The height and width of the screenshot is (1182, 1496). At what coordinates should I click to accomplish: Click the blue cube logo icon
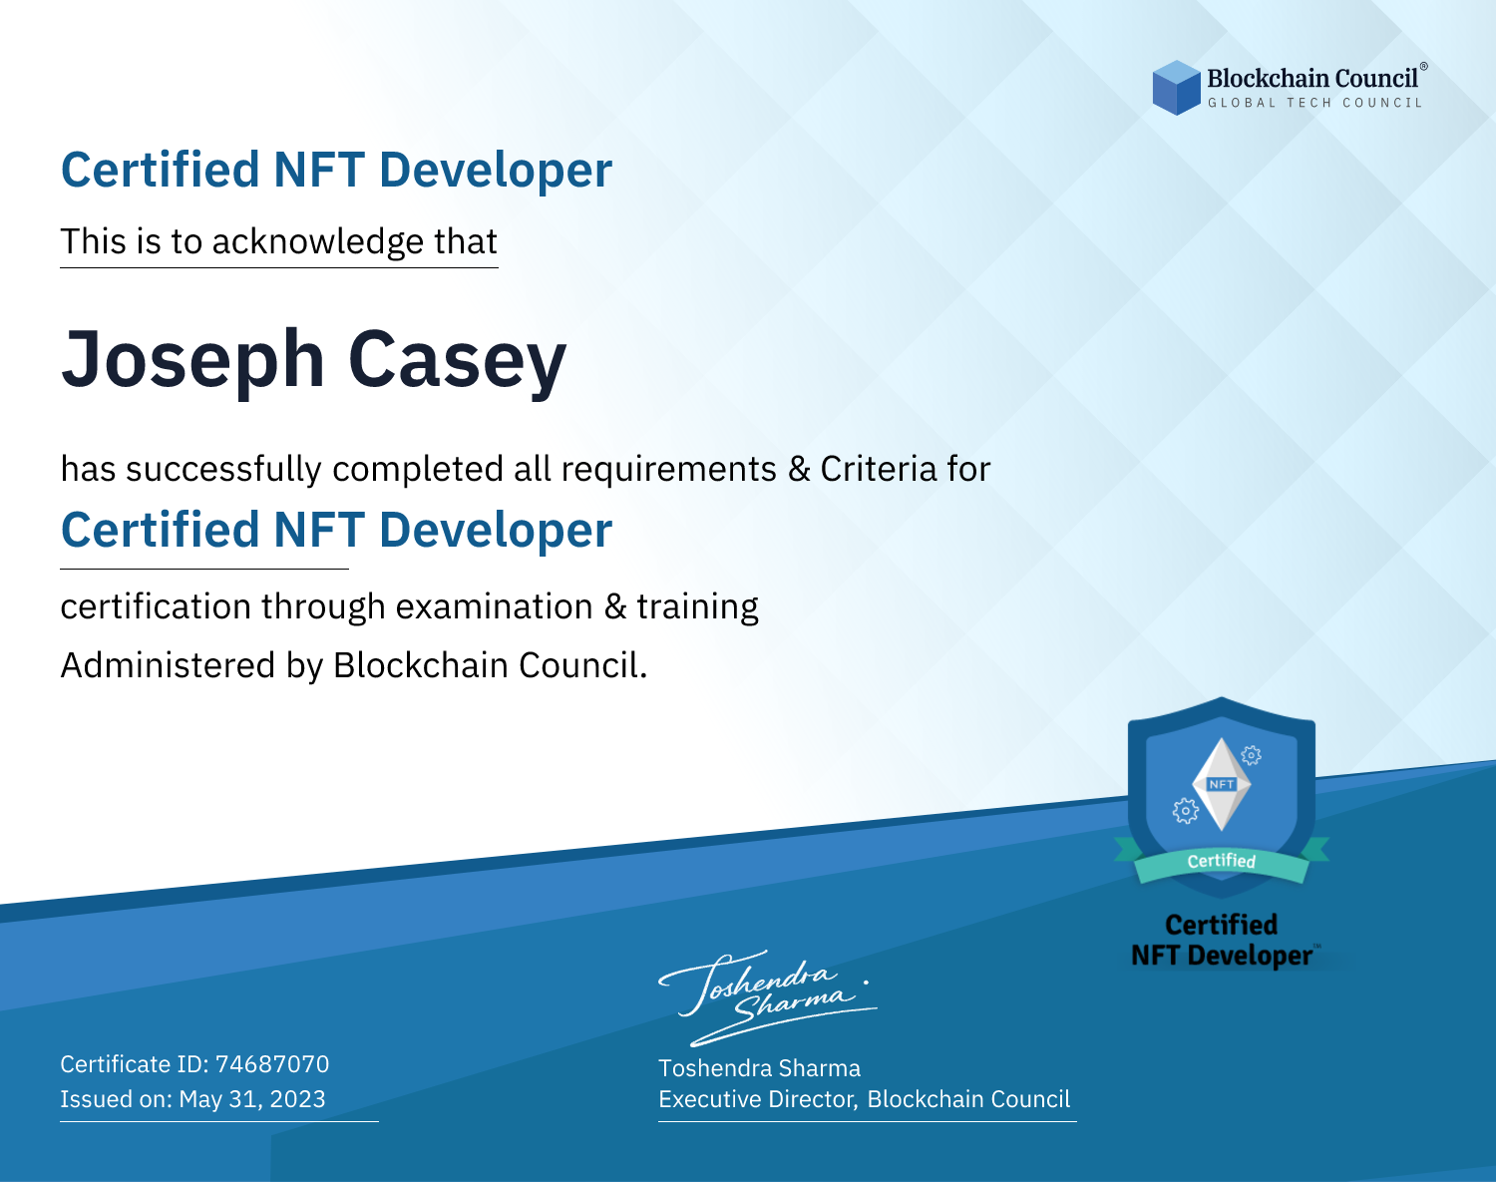pyautogui.click(x=1176, y=88)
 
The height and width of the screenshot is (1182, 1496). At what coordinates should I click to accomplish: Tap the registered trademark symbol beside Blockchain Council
pyautogui.click(x=1424, y=67)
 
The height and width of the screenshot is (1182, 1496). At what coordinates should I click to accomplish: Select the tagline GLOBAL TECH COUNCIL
pyautogui.click(x=1315, y=103)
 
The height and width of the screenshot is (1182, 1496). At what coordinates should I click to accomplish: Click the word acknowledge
pyautogui.click(x=318, y=242)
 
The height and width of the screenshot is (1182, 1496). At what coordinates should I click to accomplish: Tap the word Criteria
pyautogui.click(x=878, y=469)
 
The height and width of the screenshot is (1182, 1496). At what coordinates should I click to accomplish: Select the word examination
pyautogui.click(x=495, y=606)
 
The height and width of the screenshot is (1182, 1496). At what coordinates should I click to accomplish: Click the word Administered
pyautogui.click(x=169, y=665)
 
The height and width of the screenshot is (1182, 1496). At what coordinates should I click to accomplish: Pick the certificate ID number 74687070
pyautogui.click(x=272, y=1064)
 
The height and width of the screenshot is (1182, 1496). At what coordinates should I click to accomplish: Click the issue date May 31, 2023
pyautogui.click(x=251, y=1099)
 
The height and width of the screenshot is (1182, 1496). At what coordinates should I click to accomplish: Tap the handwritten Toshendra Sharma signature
pyautogui.click(x=767, y=998)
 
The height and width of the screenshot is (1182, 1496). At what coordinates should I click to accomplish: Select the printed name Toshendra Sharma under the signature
pyautogui.click(x=759, y=1068)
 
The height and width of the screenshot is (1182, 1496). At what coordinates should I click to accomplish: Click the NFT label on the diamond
pyautogui.click(x=1222, y=784)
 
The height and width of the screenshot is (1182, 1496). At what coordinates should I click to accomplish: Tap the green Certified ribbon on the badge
pyautogui.click(x=1222, y=862)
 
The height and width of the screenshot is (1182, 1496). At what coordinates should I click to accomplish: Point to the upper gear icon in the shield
pyautogui.click(x=1252, y=755)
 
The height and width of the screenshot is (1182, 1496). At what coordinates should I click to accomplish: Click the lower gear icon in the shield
pyautogui.click(x=1185, y=811)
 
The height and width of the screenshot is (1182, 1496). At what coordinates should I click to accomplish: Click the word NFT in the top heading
pyautogui.click(x=319, y=170)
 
